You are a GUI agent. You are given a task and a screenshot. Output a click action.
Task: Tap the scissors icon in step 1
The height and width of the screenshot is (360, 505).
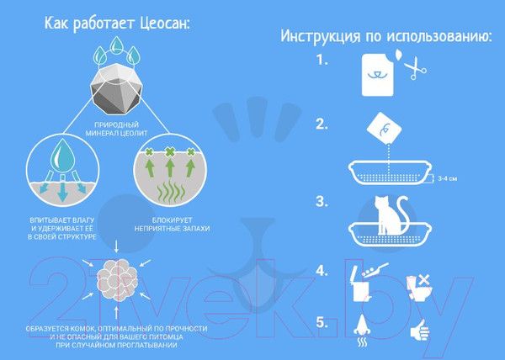415,68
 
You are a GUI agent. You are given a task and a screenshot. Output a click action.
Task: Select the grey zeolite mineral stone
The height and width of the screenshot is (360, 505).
116,89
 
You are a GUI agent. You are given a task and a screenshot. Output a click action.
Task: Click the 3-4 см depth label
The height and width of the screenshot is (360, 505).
448,178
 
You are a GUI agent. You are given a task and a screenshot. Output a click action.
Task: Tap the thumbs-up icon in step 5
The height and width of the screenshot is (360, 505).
420,330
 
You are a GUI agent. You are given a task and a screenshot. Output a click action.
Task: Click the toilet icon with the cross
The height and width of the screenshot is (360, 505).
419,288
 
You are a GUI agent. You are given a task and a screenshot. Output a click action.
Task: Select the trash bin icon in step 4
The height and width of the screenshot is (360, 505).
361,284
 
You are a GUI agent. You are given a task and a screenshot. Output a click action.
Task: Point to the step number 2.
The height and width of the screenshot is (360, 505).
322,124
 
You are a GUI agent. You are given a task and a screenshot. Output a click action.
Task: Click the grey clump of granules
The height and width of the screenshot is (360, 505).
118,279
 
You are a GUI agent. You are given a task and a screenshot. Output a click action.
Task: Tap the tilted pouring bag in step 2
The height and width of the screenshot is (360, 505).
385,128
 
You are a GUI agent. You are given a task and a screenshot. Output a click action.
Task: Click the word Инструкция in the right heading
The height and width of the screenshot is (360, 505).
320,35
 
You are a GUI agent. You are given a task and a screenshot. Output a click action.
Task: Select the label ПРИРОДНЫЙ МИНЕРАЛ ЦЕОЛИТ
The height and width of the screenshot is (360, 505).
116,129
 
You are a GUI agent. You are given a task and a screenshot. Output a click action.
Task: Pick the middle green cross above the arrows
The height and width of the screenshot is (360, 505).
170,151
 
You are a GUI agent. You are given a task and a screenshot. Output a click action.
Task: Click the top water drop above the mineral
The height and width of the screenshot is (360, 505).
117,45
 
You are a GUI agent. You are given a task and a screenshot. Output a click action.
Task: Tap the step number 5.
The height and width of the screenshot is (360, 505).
322,322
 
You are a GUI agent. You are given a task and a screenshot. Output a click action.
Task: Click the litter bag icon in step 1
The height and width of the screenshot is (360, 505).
377,75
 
